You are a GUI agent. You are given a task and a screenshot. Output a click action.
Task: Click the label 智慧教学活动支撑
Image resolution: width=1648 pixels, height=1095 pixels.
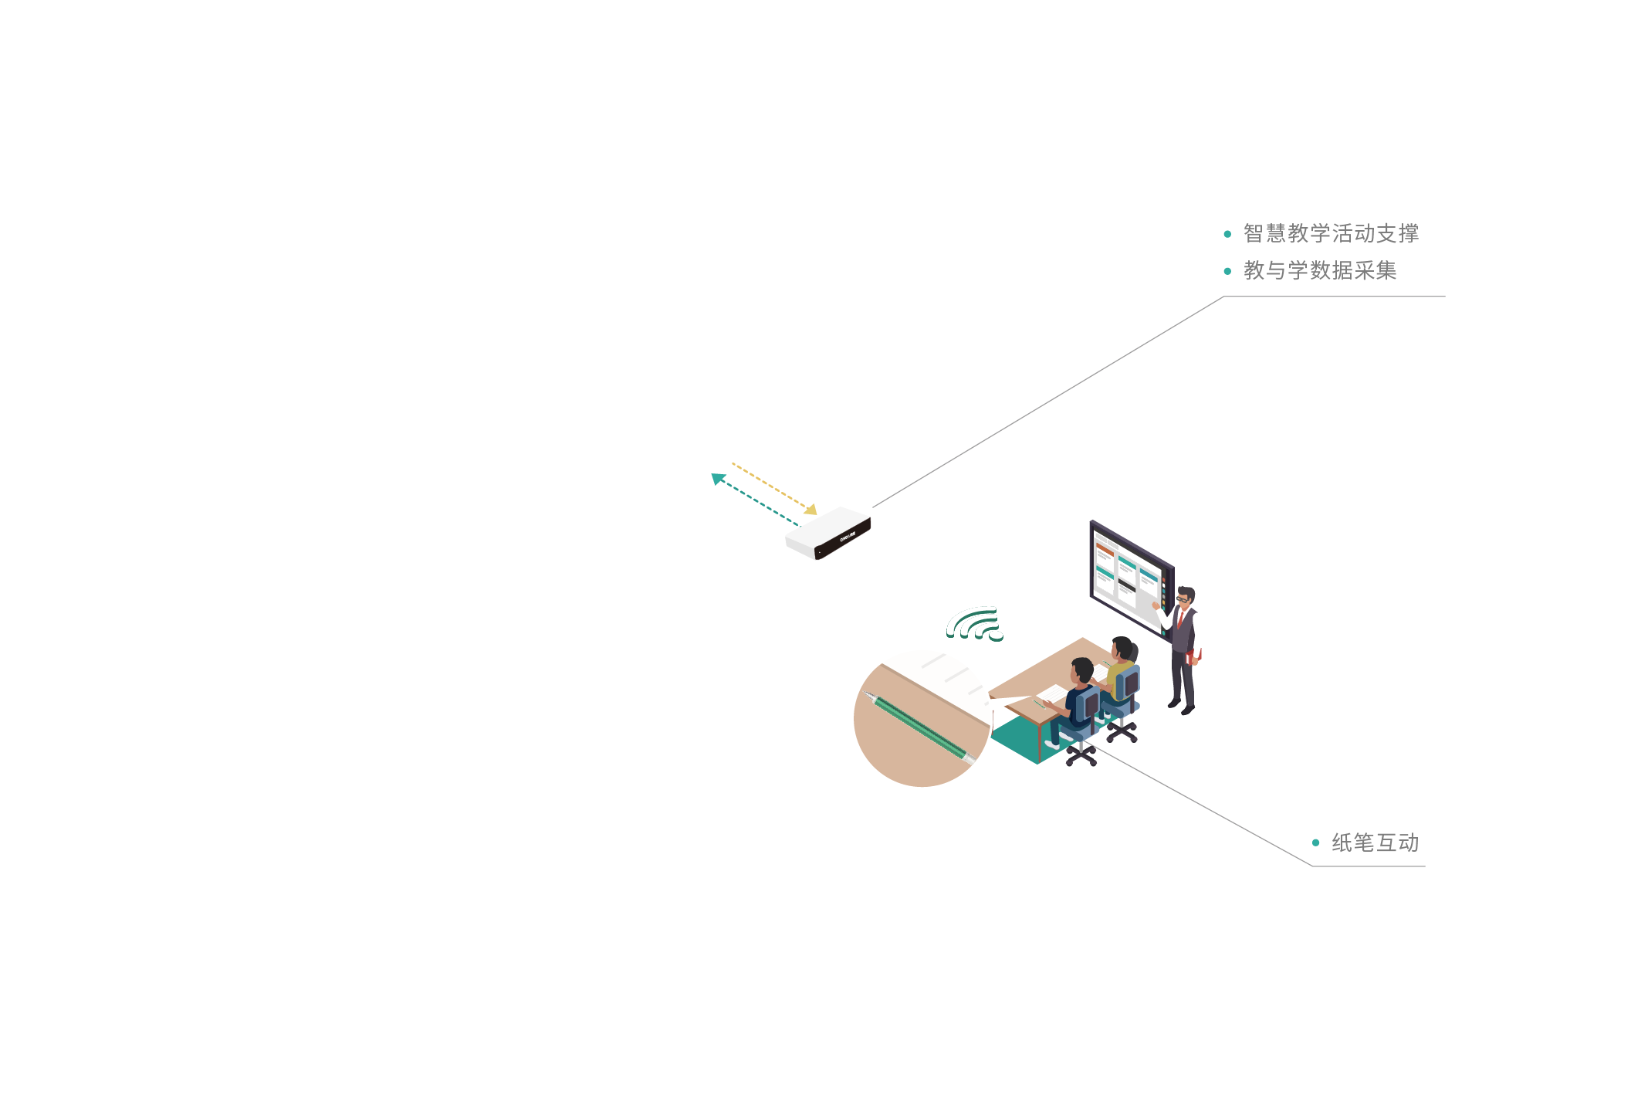point(1331,233)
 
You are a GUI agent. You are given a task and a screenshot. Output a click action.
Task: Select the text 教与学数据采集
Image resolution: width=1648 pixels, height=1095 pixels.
point(1320,270)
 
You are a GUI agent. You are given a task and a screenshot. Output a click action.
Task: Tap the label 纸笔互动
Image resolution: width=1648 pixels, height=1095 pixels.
point(1375,842)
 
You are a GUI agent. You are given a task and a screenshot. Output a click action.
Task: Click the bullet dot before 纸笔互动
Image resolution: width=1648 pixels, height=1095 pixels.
point(1315,842)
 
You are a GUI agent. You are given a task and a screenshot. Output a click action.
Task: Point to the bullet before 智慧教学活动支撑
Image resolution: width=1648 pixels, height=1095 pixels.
point(1227,234)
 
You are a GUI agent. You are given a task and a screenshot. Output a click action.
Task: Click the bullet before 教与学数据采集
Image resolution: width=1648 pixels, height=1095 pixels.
point(1227,271)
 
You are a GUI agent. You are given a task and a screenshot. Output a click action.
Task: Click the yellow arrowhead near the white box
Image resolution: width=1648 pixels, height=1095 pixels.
point(810,510)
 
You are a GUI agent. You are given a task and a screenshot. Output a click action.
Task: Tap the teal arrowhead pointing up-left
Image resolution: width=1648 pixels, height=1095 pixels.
point(718,479)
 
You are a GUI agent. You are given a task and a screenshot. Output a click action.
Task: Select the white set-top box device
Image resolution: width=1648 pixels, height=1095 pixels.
point(828,533)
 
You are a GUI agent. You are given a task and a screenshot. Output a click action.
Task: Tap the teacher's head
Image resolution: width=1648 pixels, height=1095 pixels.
point(1186,596)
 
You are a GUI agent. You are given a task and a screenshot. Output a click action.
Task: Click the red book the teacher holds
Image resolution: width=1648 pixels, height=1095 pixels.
point(1193,656)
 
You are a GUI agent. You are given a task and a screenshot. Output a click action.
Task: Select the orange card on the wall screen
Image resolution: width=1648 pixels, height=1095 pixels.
point(1105,549)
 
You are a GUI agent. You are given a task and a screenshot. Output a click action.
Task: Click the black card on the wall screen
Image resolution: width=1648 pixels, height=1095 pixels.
point(1127,585)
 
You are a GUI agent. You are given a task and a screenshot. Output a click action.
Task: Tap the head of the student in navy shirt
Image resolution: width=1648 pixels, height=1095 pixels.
point(1082,670)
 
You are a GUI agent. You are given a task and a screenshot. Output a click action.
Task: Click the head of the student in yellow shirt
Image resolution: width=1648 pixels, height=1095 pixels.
point(1122,649)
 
